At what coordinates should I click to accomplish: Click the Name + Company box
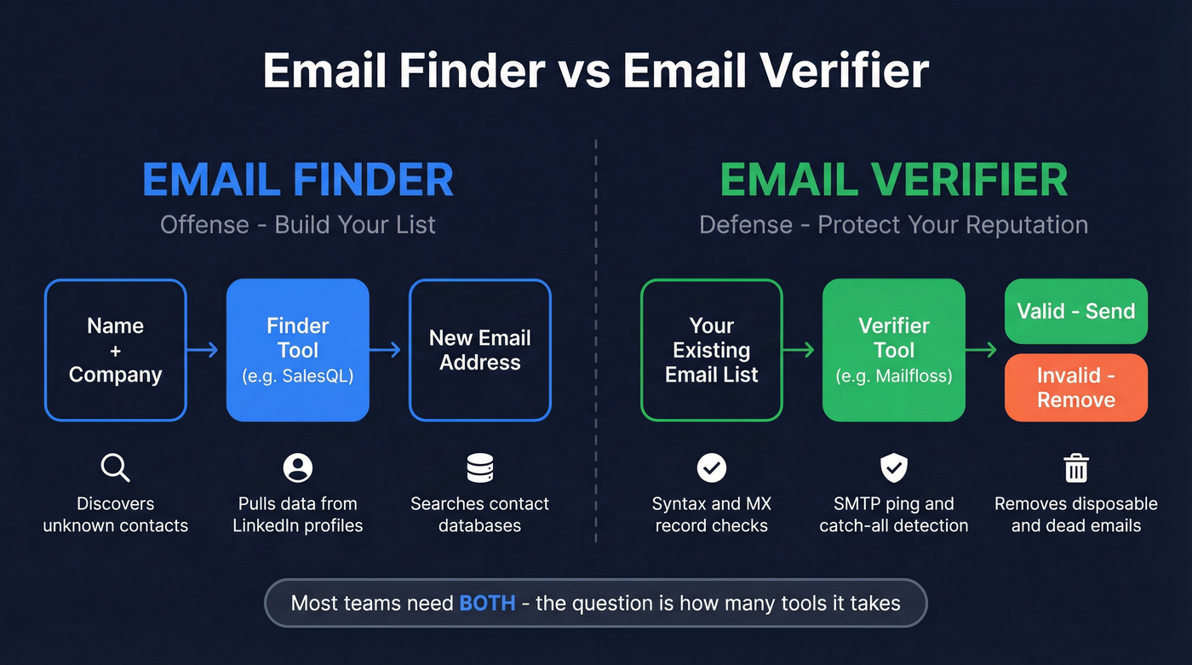tap(115, 350)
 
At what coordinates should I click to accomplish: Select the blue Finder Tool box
tap(297, 350)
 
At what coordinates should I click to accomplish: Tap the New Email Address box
tap(479, 350)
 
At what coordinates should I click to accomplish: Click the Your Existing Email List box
tap(711, 350)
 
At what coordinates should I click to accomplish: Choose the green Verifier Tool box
tap(893, 350)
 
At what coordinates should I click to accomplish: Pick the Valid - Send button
tap(1075, 312)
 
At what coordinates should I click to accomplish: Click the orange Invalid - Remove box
tap(1075, 387)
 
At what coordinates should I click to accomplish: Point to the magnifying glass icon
tap(115, 467)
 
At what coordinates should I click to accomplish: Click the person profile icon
tap(297, 467)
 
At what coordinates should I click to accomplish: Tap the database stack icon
tap(479, 467)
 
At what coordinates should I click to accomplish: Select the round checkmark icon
tap(711, 467)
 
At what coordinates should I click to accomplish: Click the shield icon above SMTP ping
tap(893, 467)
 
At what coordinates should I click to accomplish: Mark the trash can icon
tap(1076, 467)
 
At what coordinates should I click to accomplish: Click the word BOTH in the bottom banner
tap(487, 604)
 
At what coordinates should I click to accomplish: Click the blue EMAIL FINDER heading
tap(297, 180)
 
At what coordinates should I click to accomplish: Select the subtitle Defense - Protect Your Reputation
tap(893, 225)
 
